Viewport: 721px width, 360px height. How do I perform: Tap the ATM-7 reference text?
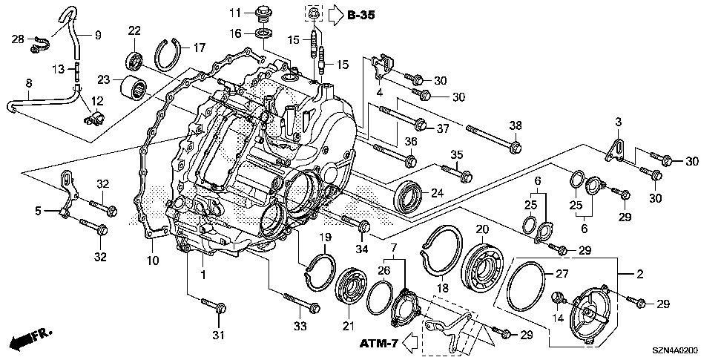pyautogui.click(x=381, y=344)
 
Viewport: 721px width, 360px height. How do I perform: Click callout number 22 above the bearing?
pyautogui.click(x=134, y=30)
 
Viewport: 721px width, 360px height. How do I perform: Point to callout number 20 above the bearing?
pyautogui.click(x=482, y=229)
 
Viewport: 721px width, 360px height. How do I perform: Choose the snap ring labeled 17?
pyautogui.click(x=172, y=53)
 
